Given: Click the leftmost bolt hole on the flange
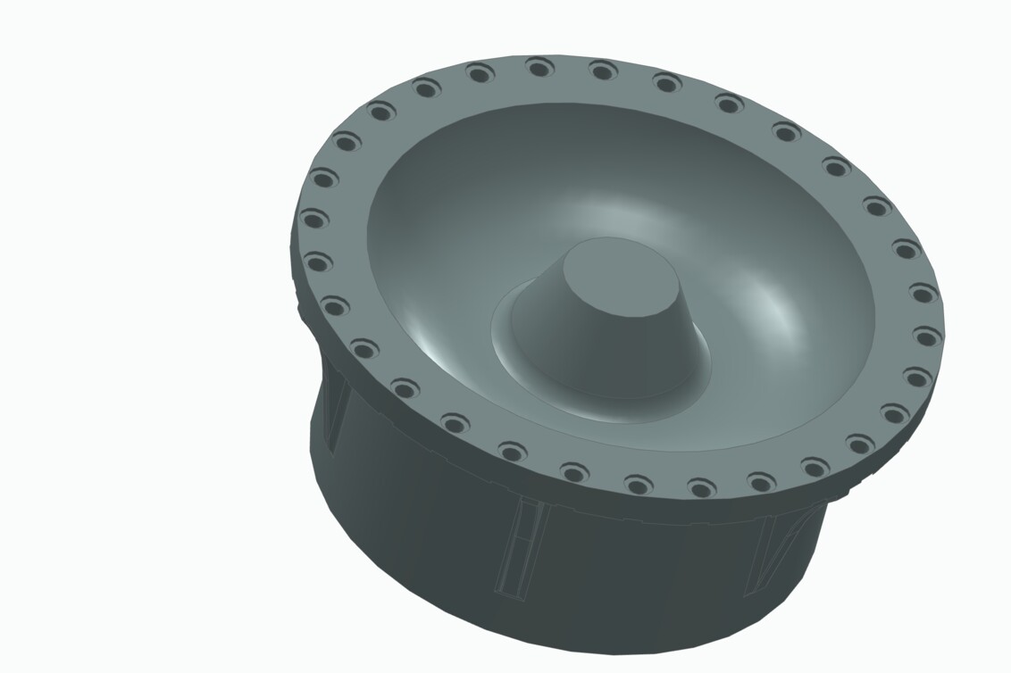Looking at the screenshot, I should (x=313, y=219).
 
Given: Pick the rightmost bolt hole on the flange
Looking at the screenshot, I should (x=926, y=336).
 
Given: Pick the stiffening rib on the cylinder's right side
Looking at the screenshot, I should (x=768, y=553).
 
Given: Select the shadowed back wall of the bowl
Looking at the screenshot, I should (x=616, y=143).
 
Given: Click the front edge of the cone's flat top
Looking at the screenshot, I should (x=625, y=316).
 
